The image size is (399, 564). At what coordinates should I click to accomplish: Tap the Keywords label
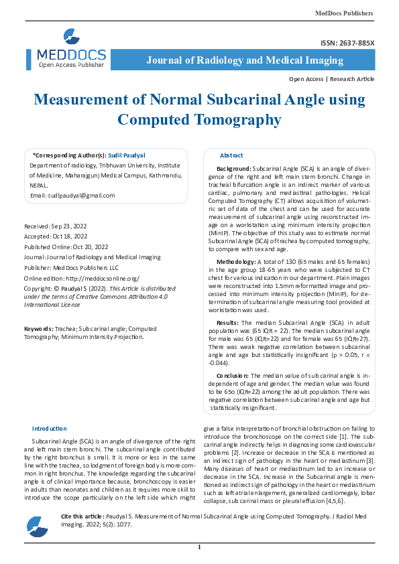click(39, 330)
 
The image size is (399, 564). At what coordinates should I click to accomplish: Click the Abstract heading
click(231, 155)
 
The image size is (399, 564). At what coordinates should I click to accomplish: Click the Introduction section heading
click(50, 428)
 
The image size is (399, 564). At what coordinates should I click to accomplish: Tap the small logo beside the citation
click(37, 527)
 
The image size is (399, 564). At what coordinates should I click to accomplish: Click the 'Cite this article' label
click(82, 517)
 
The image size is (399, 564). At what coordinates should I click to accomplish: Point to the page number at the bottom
click(199, 548)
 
